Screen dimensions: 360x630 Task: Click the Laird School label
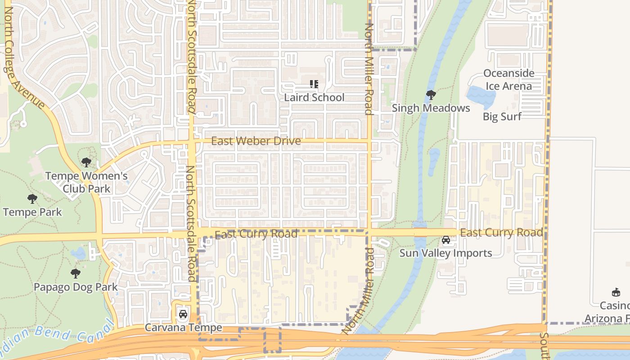[314, 97]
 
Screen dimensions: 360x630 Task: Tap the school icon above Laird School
[314, 84]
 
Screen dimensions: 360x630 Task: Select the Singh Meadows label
[431, 108]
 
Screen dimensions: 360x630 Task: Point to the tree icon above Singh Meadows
[431, 94]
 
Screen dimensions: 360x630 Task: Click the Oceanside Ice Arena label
[508, 80]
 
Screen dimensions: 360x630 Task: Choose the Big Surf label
[502, 117]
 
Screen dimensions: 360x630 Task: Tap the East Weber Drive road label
[256, 141]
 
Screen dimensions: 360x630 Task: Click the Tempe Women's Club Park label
[86, 182]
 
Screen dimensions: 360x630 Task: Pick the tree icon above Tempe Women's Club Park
[86, 162]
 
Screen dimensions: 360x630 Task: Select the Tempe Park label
[32, 212]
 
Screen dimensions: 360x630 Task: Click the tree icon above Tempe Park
[32, 198]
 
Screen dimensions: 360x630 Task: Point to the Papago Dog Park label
[76, 287]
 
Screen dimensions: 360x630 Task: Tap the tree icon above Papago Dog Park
[76, 273]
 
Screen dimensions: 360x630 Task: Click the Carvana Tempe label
[183, 327]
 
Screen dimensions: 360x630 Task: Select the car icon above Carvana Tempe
[183, 314]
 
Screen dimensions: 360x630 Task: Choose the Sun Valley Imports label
[445, 253]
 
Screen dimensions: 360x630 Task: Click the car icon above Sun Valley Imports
[446, 240]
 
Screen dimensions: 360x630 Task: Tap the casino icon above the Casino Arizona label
[616, 292]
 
